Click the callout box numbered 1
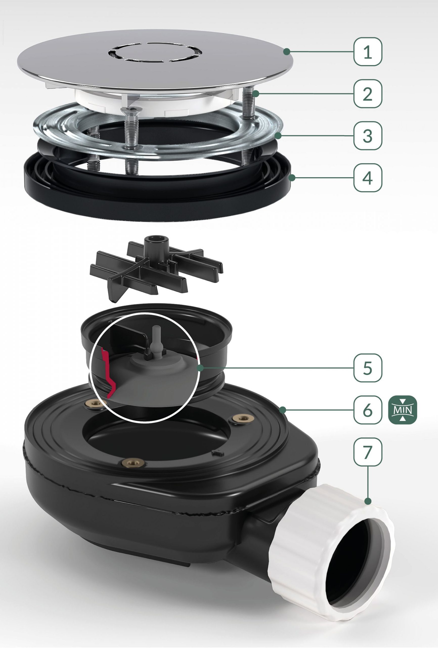(368, 52)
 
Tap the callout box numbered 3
(368, 135)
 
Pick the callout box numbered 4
(368, 177)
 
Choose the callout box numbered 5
(368, 368)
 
